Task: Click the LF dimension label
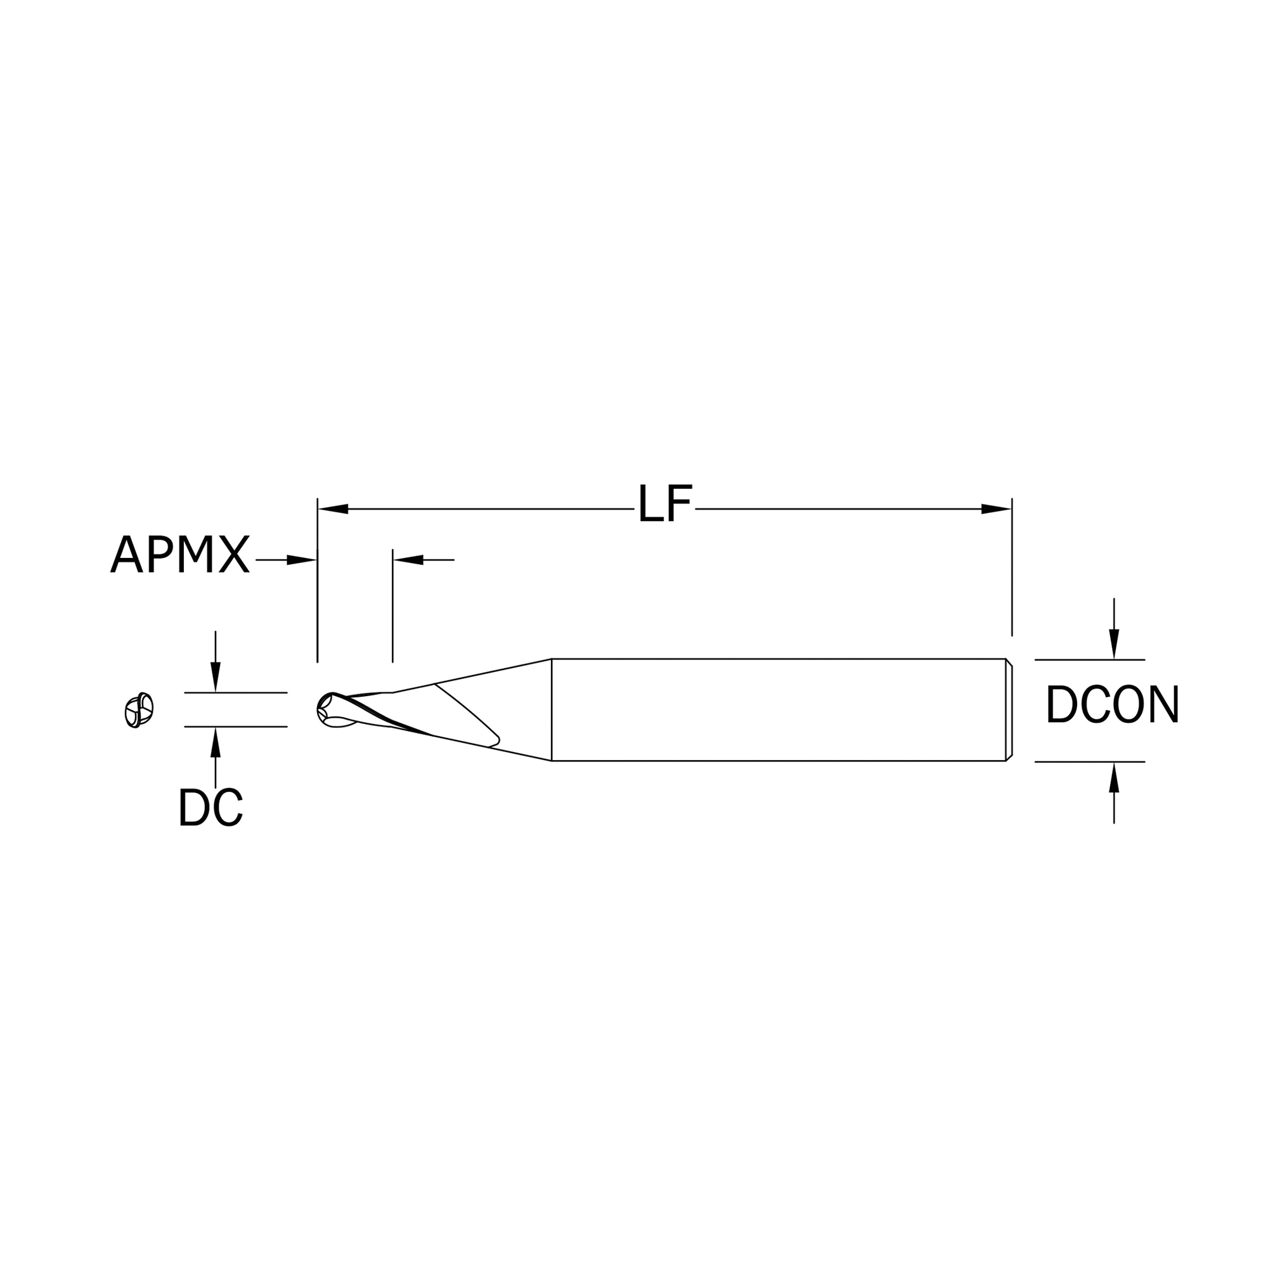(x=664, y=504)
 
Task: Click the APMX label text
(x=180, y=555)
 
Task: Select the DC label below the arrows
(x=210, y=806)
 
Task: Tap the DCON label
(x=1113, y=704)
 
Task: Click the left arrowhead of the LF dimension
(x=333, y=508)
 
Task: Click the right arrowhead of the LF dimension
(x=995, y=508)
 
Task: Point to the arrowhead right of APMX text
(x=301, y=560)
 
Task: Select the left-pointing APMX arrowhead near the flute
(x=408, y=560)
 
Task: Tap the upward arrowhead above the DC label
(x=216, y=743)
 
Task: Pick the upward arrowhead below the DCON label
(x=1114, y=778)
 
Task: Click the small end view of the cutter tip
(x=139, y=710)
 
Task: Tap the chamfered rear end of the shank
(x=1009, y=710)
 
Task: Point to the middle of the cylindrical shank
(x=778, y=710)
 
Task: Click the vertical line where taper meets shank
(x=552, y=710)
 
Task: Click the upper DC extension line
(x=235, y=692)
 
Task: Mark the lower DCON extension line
(x=1089, y=762)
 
